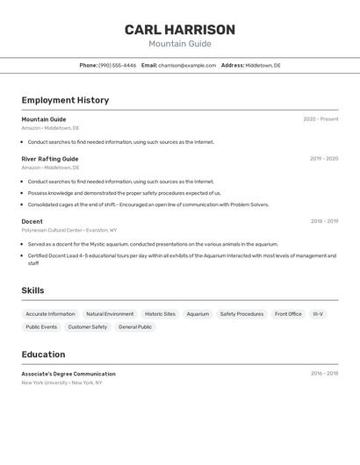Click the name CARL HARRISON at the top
180,30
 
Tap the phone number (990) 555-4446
117,65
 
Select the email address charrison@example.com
187,65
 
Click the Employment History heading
65,100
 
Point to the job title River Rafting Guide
50,159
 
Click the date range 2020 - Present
320,119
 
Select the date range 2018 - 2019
324,222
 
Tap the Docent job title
32,222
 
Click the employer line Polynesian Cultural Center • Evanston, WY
69,230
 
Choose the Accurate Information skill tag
50,314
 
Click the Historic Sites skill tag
160,314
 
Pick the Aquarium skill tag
198,314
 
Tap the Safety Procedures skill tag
241,314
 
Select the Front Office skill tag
288,314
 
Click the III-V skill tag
318,314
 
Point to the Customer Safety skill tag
88,327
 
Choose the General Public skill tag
135,327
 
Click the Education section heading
43,354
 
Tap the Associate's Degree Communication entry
68,374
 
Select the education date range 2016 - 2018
324,374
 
